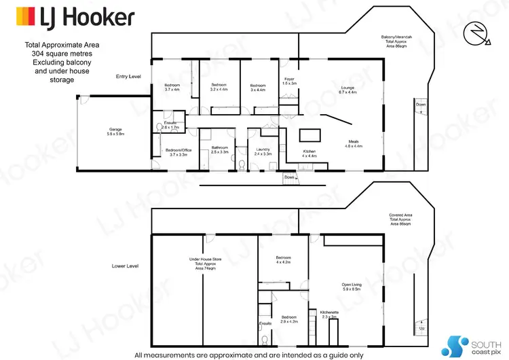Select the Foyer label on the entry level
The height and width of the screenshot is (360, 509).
289,81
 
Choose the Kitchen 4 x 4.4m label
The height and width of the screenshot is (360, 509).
309,154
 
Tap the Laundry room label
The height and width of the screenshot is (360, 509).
263,152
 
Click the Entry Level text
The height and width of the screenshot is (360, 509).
128,77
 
